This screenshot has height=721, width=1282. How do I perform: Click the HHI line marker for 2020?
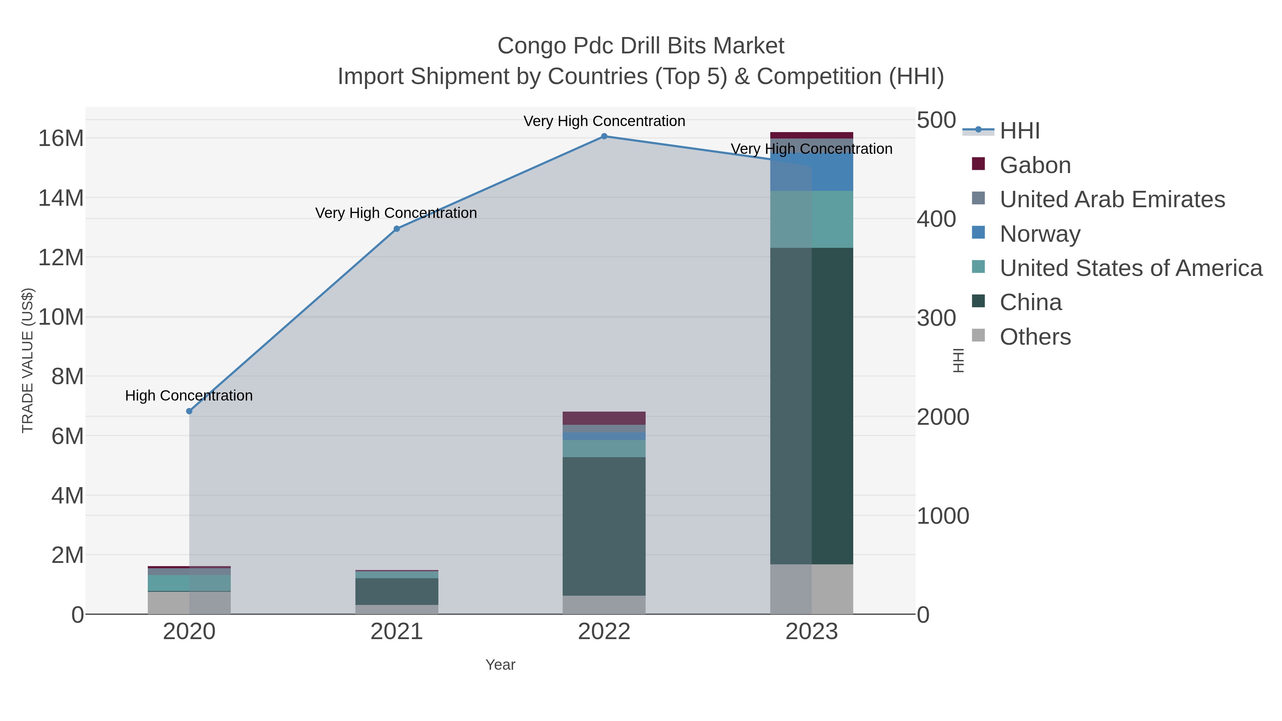coord(189,411)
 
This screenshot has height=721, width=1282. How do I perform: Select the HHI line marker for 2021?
coord(397,229)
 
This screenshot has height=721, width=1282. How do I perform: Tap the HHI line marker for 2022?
coord(604,136)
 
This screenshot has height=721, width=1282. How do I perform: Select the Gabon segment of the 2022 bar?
coord(604,418)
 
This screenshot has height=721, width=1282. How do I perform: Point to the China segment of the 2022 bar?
coord(604,526)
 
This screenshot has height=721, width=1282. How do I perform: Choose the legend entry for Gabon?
coord(1035,165)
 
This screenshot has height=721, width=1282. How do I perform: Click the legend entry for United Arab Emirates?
coord(1112,199)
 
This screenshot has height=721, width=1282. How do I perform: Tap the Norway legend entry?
coord(1040,234)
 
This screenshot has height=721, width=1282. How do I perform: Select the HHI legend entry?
coord(1019,131)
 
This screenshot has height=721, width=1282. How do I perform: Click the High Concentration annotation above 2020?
coord(189,396)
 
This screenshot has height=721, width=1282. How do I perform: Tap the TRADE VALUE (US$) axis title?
coord(28,360)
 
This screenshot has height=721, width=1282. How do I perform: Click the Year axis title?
coord(500,665)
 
